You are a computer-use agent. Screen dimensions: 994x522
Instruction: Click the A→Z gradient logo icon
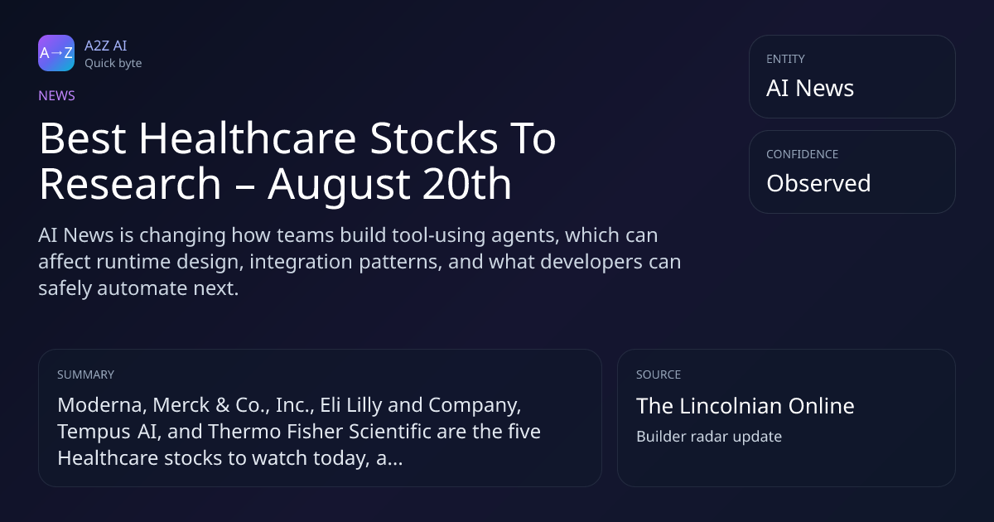[x=56, y=53]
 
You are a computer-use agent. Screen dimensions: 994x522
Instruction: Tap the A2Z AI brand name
[x=106, y=46]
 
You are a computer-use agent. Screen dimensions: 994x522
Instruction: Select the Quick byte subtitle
[x=113, y=64]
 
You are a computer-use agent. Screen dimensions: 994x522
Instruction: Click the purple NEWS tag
[x=57, y=95]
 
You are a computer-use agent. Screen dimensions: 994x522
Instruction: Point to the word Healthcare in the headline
[x=248, y=138]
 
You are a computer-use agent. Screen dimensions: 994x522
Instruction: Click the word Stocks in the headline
[x=434, y=138]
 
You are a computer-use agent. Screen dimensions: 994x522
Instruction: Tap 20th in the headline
[x=467, y=184]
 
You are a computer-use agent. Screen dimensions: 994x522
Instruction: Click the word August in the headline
[x=339, y=186]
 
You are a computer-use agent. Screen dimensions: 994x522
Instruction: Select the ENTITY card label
[x=785, y=59]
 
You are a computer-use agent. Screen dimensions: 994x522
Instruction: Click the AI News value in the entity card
[x=810, y=88]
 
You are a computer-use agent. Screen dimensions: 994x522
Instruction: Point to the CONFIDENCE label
[x=803, y=154]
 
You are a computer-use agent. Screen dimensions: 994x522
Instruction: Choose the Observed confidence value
[x=818, y=183]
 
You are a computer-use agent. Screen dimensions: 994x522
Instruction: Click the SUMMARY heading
[x=85, y=375]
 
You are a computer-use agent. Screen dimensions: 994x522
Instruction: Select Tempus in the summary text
[x=94, y=433]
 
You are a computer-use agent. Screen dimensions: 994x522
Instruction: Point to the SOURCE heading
[x=659, y=375]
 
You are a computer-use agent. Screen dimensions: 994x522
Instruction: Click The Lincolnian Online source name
[x=745, y=406]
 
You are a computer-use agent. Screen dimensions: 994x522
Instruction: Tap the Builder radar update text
[x=709, y=437]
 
